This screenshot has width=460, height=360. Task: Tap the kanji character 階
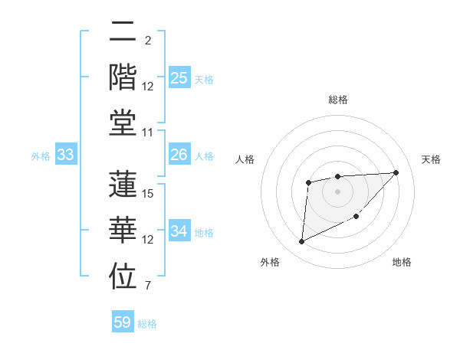[123, 77]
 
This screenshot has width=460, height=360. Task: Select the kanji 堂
[123, 123]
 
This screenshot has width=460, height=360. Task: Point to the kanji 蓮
[123, 185]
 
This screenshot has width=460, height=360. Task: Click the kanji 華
[123, 231]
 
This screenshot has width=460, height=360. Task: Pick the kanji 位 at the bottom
[123, 277]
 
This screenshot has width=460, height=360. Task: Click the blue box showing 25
[179, 78]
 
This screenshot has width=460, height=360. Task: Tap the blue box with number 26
[179, 155]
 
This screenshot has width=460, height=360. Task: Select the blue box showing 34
[179, 232]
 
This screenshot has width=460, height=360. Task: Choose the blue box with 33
[66, 155]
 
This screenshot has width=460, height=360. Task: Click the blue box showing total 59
[123, 322]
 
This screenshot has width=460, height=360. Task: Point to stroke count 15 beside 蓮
[148, 194]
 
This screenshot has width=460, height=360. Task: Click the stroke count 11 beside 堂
[148, 133]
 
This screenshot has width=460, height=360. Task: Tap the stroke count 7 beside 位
[148, 286]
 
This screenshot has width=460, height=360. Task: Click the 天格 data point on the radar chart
[396, 172]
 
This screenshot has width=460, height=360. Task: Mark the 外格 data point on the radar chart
[301, 242]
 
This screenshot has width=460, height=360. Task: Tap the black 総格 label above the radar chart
[337, 100]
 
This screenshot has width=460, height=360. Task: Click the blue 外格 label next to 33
[41, 156]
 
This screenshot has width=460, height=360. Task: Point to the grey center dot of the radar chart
[337, 191]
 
